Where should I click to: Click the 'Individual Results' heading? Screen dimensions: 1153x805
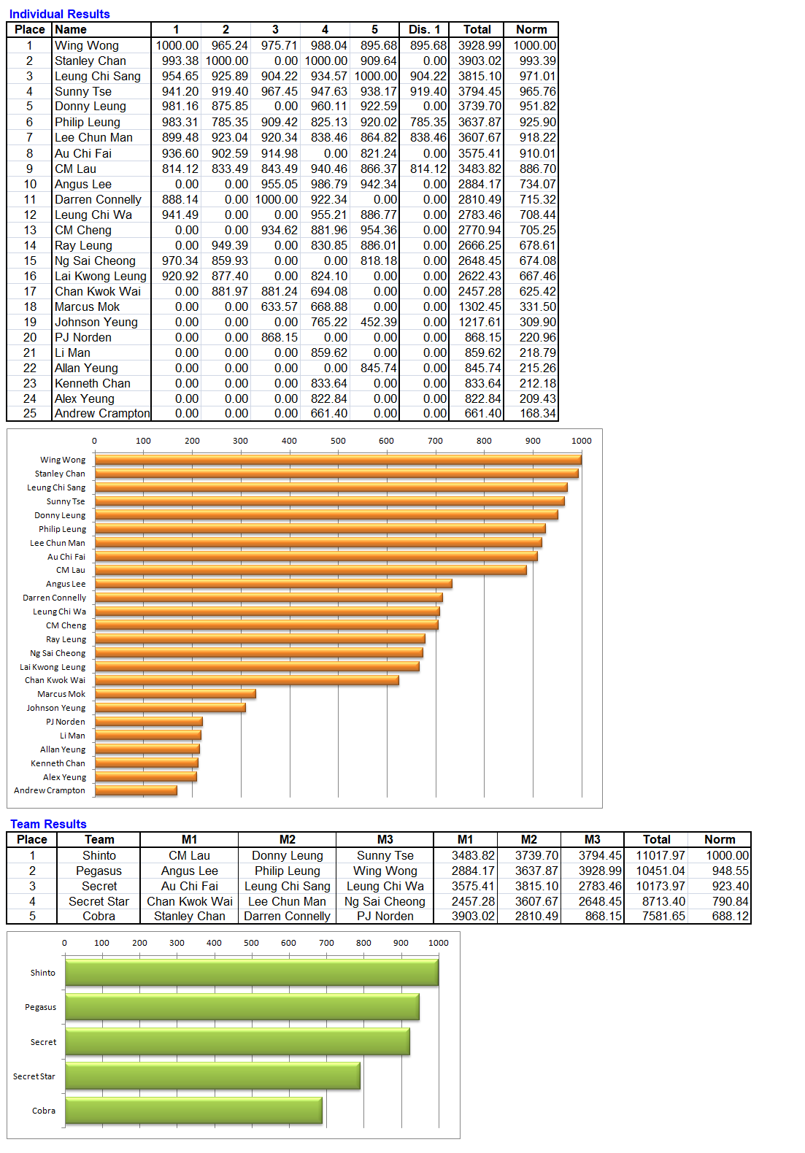click(59, 14)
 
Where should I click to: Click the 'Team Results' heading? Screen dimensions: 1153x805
click(48, 824)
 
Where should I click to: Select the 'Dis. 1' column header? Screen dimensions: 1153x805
click(424, 30)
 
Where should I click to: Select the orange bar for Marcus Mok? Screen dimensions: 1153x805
click(175, 694)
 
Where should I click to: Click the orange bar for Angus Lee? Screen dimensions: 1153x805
click(273, 584)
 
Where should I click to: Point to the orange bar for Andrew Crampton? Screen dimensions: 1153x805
click(136, 790)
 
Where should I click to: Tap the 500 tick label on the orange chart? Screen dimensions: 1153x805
click(338, 441)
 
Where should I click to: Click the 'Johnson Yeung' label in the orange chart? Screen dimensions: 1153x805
click(56, 708)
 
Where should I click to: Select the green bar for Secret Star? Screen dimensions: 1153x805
click(212, 1076)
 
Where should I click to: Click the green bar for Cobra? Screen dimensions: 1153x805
click(193, 1111)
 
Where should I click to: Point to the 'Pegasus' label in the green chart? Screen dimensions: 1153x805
click(40, 1007)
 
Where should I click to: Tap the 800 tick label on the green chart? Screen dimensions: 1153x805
click(363, 943)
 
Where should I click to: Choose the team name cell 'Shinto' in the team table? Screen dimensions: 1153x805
click(99, 855)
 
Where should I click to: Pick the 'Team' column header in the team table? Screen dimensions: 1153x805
click(99, 840)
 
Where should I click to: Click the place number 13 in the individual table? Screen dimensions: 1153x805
click(30, 230)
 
